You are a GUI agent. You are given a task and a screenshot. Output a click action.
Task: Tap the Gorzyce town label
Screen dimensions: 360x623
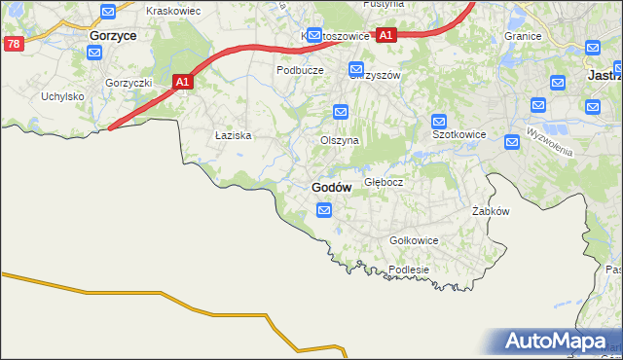click(x=112, y=34)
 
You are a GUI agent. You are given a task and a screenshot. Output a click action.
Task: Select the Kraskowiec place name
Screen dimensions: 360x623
click(x=172, y=10)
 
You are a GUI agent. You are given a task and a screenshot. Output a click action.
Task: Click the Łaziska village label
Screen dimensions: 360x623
click(x=234, y=136)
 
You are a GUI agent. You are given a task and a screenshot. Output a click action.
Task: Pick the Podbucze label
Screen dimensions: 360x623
click(x=300, y=70)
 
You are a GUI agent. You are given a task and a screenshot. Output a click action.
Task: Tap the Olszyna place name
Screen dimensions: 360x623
click(x=340, y=140)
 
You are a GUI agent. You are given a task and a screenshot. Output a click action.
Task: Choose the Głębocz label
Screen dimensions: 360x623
click(x=384, y=182)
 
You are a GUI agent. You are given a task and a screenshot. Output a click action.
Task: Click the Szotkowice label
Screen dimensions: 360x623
click(x=458, y=135)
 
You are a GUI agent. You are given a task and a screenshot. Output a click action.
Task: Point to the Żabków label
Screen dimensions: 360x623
click(x=491, y=211)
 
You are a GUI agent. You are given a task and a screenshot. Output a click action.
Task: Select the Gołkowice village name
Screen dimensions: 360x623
click(x=414, y=240)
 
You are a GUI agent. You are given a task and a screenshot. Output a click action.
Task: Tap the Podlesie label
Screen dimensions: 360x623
click(x=408, y=270)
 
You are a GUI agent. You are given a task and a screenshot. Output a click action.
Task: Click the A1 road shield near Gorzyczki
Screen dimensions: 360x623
click(x=182, y=84)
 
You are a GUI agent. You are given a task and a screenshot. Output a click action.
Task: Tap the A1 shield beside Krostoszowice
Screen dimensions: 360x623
click(x=385, y=35)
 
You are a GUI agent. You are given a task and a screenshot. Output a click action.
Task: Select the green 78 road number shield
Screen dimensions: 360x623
click(x=13, y=44)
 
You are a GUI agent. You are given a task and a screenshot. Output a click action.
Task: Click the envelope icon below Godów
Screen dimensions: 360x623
click(x=324, y=209)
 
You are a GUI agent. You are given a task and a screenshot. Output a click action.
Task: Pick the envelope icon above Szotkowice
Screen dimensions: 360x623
click(x=439, y=121)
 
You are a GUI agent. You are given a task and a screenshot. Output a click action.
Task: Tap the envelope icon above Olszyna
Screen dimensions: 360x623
click(x=340, y=111)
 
